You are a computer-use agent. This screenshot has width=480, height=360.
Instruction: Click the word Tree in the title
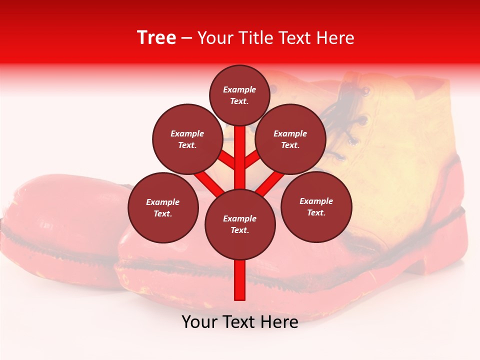point(156,38)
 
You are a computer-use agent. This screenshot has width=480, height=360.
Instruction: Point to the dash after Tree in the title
point(186,38)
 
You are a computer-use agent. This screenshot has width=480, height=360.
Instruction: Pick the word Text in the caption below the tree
point(238,322)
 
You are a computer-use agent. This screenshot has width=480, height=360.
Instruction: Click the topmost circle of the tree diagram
point(239,95)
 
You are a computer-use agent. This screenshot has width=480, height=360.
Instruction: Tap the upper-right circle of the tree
point(290,139)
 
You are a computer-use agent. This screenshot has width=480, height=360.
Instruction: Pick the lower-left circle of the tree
point(163,207)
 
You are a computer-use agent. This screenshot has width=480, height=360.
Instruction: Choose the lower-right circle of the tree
point(316,206)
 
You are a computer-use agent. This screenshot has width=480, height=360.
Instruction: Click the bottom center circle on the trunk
point(239,224)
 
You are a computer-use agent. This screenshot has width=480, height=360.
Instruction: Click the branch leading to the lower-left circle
point(208,182)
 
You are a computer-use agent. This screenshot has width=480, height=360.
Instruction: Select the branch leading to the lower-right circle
point(270,183)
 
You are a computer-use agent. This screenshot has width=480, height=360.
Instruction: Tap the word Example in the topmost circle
point(239,90)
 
